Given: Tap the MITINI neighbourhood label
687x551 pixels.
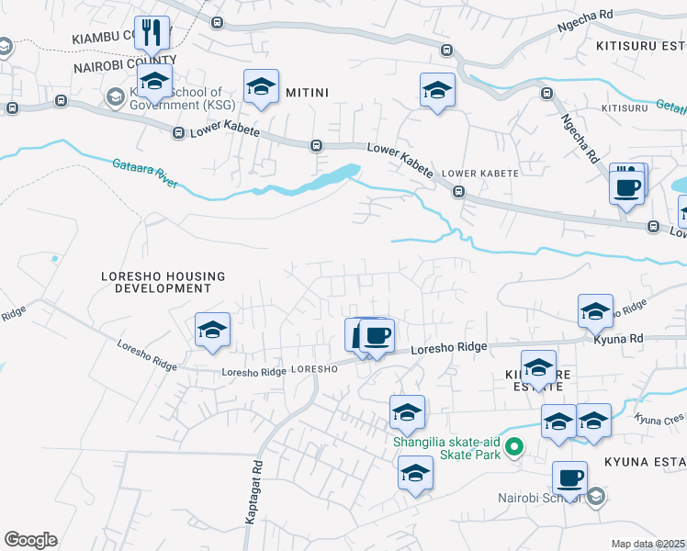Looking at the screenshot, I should click(308, 92).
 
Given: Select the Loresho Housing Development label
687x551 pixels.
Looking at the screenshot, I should click(156, 281).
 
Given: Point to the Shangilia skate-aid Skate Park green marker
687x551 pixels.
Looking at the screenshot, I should click(515, 448).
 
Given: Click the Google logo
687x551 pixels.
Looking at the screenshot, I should click(30, 540).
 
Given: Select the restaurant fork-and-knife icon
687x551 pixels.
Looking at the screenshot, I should click(152, 33).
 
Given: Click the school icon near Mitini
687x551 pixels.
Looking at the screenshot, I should click(262, 87).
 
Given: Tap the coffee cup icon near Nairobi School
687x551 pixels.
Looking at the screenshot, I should click(570, 478).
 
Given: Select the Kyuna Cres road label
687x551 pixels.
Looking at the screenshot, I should click(659, 418).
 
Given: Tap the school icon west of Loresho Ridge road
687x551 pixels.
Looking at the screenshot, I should click(213, 330).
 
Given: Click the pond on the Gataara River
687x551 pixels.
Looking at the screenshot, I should click(341, 173).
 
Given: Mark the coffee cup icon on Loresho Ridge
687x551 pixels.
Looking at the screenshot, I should click(376, 334).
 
